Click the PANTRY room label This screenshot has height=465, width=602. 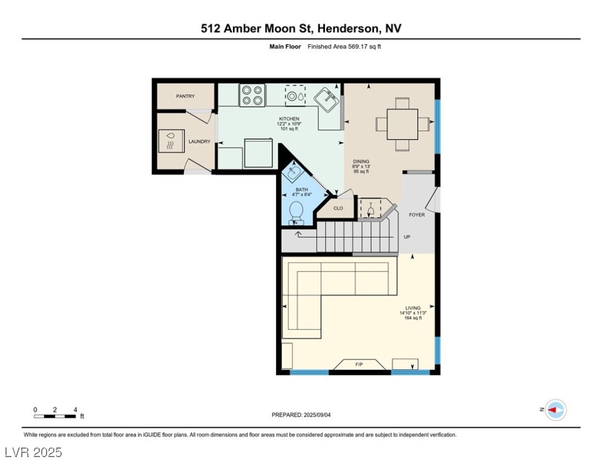pos(185,96)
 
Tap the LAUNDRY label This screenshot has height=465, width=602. pos(199,142)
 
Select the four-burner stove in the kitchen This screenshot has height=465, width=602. pos(252,95)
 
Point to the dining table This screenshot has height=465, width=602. pos(402,125)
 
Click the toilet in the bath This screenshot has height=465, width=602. pos(296,214)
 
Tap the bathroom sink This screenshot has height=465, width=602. pos(293,171)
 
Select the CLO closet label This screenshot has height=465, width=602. pos(338,208)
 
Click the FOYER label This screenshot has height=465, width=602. pos(417,215)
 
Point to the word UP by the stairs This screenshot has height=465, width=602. pos(407,237)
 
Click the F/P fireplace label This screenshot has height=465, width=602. pos(359,364)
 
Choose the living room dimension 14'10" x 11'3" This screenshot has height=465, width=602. pos(413,313)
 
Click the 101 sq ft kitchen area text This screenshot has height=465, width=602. pos(289,129)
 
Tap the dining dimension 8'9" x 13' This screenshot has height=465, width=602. pos(361,167)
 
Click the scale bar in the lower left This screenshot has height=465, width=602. pos(55,416)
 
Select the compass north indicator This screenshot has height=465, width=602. pos(555,410)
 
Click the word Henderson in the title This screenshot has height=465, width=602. pos(348,28)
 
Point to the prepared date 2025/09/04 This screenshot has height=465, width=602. pos(317,415)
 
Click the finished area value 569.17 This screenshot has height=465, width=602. pos(357,47)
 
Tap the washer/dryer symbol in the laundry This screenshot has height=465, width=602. pos(171,141)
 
